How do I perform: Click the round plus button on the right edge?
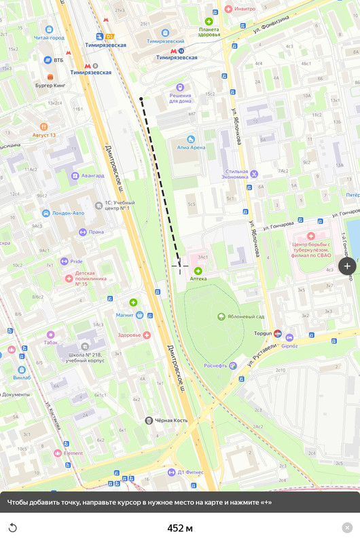tap(347, 266)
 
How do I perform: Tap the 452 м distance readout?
tap(180, 528)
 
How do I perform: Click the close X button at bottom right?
tap(347, 527)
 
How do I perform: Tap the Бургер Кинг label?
tap(50, 86)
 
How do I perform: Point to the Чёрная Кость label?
tap(170, 420)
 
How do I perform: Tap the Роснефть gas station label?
tap(216, 365)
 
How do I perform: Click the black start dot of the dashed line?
tap(141, 100)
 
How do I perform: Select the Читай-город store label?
tap(49, 37)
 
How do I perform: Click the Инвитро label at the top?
tap(245, 9)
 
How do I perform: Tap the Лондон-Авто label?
tap(68, 213)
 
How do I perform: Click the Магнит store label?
tap(124, 315)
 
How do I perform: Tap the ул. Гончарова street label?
tap(271, 223)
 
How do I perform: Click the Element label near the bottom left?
tap(73, 453)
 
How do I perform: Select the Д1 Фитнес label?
tap(190, 471)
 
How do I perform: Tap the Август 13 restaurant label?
tap(44, 134)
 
